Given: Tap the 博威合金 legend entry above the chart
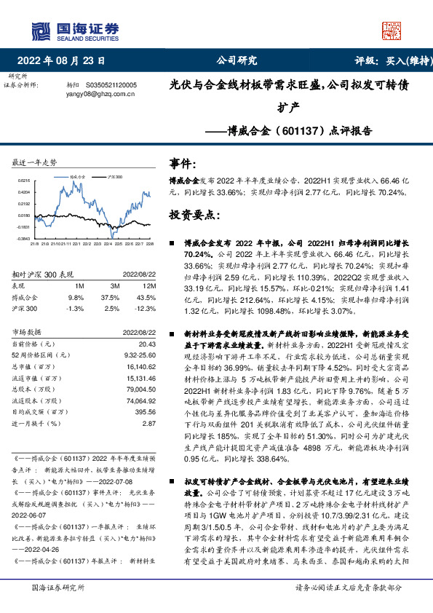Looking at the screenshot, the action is pos(78,176).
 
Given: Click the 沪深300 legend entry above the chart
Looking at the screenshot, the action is pos(116,176).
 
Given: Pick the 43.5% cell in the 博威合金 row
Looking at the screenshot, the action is pos(146,297).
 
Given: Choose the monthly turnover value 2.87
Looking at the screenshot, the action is pos(149,422).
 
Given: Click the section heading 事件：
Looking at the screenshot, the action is pos(183,163).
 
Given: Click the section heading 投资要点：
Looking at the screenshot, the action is pos(194,215).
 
